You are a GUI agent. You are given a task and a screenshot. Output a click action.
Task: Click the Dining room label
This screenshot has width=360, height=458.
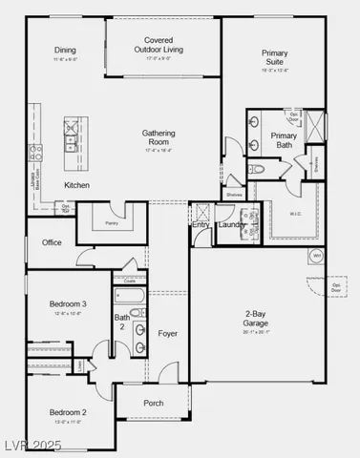[65, 51]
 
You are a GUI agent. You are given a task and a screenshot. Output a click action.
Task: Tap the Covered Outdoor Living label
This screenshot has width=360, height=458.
[158, 45]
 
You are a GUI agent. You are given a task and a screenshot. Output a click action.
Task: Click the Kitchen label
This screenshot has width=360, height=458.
[77, 184]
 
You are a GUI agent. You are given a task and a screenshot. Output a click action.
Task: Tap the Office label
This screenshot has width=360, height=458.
[52, 242]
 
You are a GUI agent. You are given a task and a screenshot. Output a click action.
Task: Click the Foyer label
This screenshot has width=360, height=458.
[168, 334]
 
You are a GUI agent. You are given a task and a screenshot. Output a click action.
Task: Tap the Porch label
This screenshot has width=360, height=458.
[153, 403]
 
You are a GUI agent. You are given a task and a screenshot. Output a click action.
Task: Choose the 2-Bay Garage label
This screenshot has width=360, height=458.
[256, 318]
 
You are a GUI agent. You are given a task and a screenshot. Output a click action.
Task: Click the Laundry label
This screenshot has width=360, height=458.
[231, 225]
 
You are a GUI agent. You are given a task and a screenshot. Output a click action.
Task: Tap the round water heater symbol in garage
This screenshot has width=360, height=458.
[316, 256]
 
